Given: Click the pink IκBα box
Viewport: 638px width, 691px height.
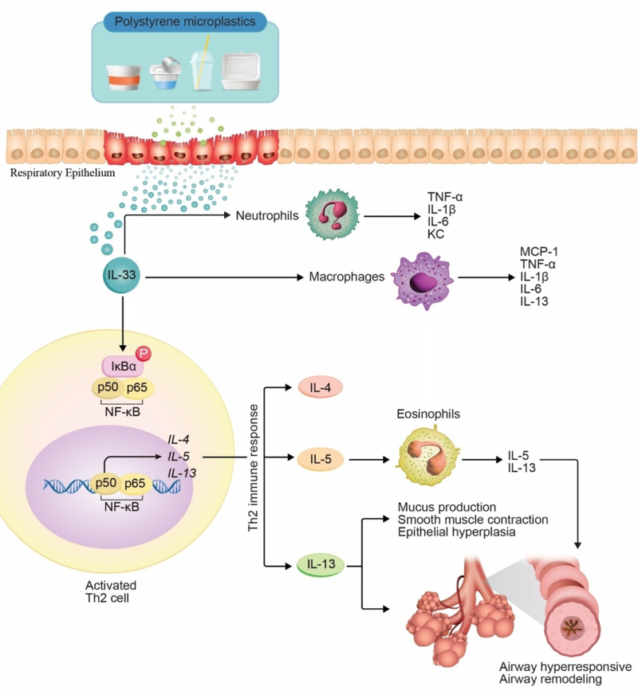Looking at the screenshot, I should (124, 366).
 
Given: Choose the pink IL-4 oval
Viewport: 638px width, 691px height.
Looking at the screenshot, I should (321, 388).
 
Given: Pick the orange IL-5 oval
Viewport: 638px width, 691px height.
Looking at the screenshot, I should (321, 459).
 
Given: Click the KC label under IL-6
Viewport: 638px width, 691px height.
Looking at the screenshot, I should (435, 234).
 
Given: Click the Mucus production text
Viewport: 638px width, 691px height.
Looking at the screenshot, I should (447, 508).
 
